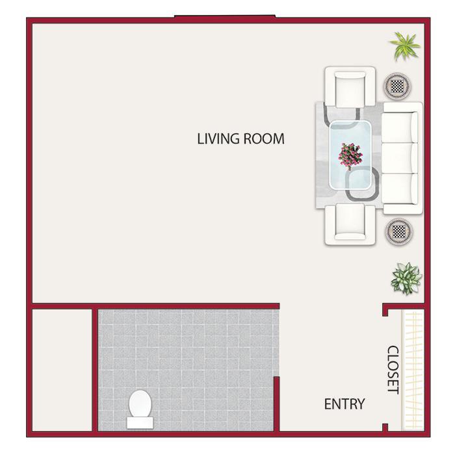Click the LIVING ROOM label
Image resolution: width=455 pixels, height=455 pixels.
240,138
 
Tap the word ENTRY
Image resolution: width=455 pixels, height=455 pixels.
344,404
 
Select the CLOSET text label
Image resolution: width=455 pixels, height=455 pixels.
393,370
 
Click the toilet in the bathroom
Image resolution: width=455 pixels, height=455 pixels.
140,409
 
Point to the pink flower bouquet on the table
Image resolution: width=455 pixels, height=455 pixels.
350,156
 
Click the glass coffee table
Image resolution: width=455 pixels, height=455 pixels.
350,155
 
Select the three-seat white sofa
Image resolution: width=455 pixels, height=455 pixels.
402,158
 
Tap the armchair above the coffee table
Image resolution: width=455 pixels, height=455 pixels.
350,86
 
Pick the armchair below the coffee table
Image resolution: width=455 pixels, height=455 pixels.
350,224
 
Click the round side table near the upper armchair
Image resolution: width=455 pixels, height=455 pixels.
397,86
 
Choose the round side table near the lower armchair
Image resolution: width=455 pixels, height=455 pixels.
398,231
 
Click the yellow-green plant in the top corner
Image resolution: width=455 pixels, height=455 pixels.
404,46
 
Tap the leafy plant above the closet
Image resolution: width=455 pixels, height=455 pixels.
406,279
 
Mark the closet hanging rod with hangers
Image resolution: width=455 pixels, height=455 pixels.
413,370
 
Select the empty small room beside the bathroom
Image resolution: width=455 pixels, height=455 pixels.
62,370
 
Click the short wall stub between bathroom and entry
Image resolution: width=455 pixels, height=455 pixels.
276,404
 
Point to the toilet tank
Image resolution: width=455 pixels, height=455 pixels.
140,422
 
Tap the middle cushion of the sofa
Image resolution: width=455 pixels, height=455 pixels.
400,158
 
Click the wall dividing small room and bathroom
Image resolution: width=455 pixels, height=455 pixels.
95,370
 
